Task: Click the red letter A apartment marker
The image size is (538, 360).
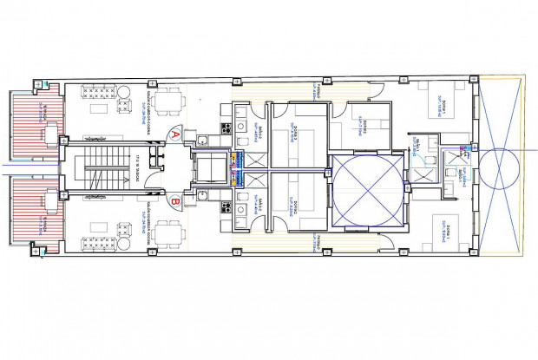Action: (x=175, y=134)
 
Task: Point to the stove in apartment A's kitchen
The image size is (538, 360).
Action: (x=223, y=128)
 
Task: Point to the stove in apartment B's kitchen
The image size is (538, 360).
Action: (x=223, y=209)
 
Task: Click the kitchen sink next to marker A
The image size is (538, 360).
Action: (x=201, y=141)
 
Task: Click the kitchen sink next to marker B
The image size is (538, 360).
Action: (x=201, y=197)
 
